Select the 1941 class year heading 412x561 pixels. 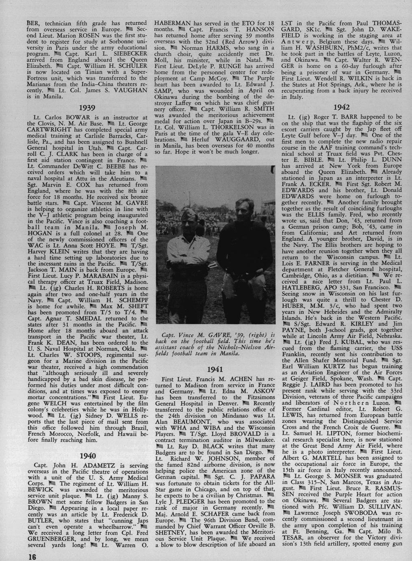click(x=215, y=370)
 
